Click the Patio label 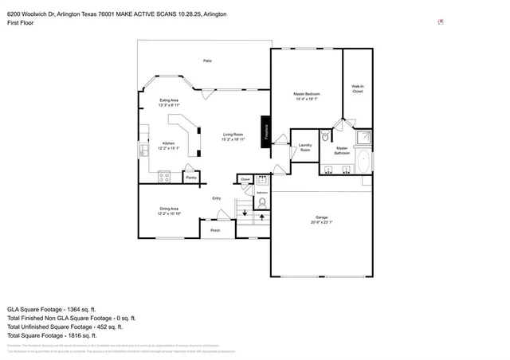coord(207,61)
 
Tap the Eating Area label coord(169,100)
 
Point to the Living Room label coord(233,135)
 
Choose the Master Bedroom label coord(306,95)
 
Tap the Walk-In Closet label coord(357,88)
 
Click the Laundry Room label coord(304,147)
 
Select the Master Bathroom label coord(341,150)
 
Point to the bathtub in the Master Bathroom coord(364,162)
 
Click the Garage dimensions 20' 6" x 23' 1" coord(320,222)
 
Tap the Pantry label coord(191,178)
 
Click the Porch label coord(215,230)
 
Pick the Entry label coord(216,198)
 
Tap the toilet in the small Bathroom coord(261,204)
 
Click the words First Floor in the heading coord(22,24)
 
